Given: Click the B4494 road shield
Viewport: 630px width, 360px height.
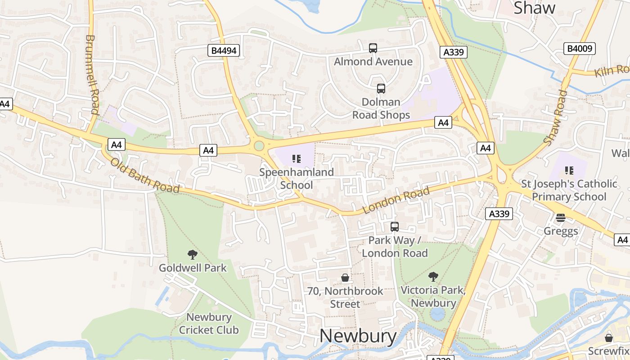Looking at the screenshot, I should pos(224,50).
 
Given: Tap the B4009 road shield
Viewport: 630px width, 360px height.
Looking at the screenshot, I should pos(579,48).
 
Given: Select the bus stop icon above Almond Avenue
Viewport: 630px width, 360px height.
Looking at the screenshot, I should pos(373,48).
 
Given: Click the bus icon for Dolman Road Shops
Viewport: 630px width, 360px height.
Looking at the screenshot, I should pos(381,89).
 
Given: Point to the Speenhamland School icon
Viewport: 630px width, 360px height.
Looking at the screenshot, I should pos(296,158).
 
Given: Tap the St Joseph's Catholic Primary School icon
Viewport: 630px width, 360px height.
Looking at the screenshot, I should pos(569,171).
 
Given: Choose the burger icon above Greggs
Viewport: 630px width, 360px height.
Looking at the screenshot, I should pos(560,218).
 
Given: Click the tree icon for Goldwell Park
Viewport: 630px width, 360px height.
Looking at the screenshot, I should pos(193,255).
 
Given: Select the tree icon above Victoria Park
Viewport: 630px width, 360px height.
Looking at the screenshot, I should pos(433,277).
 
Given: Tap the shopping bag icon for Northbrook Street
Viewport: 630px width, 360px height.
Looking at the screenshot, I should pos(345,278).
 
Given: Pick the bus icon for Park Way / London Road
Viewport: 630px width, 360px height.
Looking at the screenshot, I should pos(395,227).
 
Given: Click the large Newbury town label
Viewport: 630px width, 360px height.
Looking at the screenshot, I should pos(358,336).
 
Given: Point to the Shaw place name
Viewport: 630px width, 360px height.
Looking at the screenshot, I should pos(534,8).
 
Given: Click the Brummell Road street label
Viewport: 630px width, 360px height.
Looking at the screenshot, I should pos(92,74).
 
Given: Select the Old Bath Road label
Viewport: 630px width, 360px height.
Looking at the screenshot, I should pos(145,175).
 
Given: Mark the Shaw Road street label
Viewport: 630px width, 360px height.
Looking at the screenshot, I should pos(555,117).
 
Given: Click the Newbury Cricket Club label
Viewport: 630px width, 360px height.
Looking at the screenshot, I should pos(209,324).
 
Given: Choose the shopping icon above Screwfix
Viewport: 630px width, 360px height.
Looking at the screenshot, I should pos(609,337).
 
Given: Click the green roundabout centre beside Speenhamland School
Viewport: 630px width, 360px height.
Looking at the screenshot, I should pos(259,145).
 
